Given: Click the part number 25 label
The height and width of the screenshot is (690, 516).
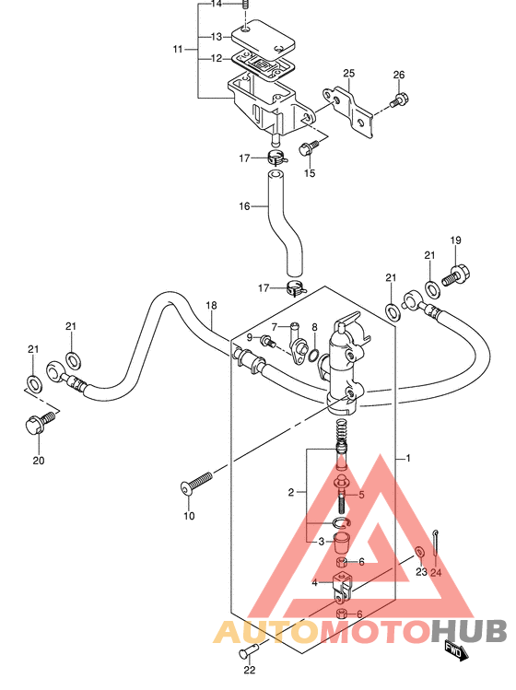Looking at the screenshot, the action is point(348,73).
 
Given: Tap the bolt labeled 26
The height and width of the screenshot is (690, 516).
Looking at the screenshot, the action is point(399,99).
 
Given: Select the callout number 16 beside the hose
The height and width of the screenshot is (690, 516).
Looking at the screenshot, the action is point(244,206).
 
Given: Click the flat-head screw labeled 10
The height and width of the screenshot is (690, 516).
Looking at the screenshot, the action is point(196,483).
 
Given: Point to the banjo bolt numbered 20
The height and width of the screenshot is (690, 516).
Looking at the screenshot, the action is point(40,422).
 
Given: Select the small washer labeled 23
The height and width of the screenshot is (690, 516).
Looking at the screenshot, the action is point(420,551).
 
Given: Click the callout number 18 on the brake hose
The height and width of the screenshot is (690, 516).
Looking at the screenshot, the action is point(211,305).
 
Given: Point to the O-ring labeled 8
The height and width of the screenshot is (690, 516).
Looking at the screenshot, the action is point(314,354).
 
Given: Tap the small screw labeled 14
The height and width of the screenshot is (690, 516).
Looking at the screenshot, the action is point(246,6).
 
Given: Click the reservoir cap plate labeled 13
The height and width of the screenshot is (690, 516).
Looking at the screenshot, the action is point(263,39).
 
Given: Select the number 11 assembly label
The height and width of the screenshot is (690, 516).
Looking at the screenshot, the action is point(178,50).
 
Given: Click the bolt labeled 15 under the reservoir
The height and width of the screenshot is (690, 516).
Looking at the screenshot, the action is point(308,147).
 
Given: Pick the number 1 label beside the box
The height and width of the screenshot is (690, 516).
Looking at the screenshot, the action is point(408,458).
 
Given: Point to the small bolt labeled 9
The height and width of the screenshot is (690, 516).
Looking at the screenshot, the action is point(268,341).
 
